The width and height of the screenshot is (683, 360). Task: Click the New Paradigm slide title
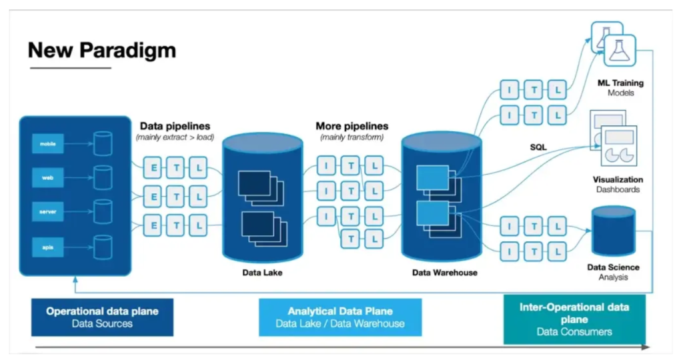101,50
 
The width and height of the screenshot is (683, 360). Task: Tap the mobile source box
48,143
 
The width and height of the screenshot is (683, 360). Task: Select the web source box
48,178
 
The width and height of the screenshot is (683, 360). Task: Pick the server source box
48,212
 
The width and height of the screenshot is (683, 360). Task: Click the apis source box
48,247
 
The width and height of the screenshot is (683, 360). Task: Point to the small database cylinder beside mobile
102,143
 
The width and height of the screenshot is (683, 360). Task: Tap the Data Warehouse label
444,273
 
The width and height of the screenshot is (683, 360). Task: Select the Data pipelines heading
175,126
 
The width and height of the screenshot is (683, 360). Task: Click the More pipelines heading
352,126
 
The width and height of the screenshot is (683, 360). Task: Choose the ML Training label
620,83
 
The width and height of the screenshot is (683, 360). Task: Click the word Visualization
618,179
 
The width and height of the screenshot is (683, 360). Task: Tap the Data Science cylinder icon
614,231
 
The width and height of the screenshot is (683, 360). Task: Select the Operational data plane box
102,317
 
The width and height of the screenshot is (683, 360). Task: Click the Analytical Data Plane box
340,317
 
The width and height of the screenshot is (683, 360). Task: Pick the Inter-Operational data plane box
574,319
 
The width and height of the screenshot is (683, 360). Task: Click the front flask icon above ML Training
620,50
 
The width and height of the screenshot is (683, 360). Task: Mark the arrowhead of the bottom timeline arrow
645,347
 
